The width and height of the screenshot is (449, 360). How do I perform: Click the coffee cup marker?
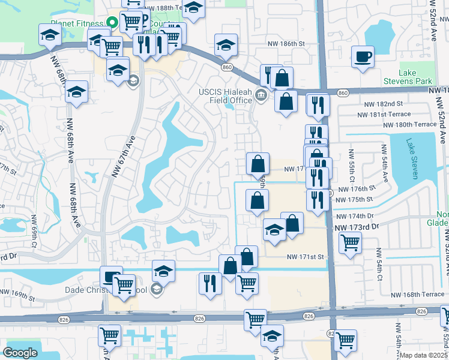tap(363, 58)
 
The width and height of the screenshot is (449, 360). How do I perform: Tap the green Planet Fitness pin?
tap(111, 23)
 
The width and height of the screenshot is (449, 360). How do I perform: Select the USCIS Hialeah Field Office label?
tap(225, 96)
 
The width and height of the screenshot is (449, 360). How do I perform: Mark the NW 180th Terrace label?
tap(411, 124)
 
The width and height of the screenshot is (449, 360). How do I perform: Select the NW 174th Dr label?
tap(355, 215)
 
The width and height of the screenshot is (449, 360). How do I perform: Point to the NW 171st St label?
tap(305, 257)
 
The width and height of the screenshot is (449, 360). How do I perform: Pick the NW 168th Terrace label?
tap(418, 295)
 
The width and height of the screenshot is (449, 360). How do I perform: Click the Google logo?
tap(20, 353)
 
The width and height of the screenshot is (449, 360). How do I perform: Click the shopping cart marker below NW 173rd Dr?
tap(350, 243)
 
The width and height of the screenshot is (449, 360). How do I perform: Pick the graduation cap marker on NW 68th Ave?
tap(76, 92)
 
